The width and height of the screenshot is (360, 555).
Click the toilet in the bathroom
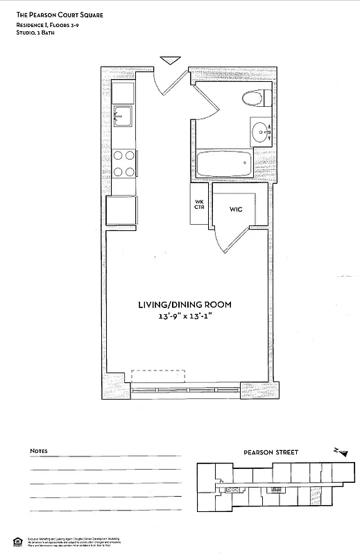(250, 98)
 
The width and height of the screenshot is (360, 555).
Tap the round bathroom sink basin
(261, 130)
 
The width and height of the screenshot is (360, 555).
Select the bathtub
(222, 165)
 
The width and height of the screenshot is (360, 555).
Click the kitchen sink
(123, 117)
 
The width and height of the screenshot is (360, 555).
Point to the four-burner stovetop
(123, 164)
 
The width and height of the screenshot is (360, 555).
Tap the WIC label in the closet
(235, 209)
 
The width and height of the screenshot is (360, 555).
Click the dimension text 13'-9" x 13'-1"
(184, 317)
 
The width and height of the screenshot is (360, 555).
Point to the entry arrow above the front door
(168, 60)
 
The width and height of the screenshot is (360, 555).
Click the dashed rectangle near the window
(159, 376)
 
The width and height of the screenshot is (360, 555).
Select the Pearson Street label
(271, 452)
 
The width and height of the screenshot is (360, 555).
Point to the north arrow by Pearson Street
(340, 452)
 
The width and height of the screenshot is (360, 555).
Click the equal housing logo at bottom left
(17, 541)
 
